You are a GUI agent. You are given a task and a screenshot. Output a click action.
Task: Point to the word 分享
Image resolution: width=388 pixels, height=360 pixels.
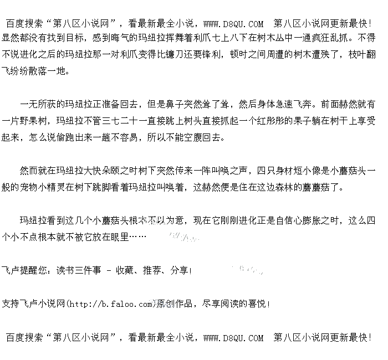(x=178, y=271)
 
